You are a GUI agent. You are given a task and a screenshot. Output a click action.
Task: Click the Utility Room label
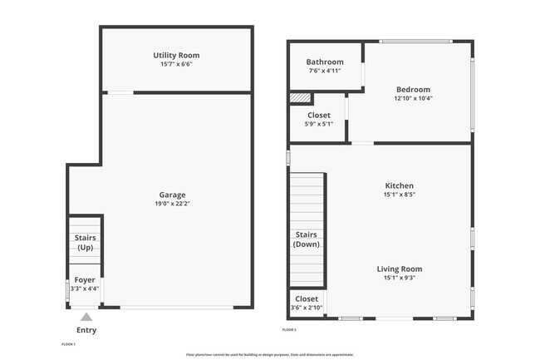click(x=176, y=56)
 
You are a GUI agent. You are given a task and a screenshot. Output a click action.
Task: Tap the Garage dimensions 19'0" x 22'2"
click(x=173, y=204)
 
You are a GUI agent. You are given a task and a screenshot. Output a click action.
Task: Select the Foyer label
click(x=85, y=280)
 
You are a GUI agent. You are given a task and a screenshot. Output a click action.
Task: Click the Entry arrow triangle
click(x=86, y=316)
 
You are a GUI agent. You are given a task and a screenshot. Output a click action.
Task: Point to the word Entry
click(x=86, y=330)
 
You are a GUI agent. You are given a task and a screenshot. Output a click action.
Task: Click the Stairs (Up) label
click(x=85, y=243)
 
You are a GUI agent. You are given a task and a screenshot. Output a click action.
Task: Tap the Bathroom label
click(x=324, y=62)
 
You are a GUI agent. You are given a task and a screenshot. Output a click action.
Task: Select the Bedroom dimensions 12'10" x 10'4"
click(x=413, y=98)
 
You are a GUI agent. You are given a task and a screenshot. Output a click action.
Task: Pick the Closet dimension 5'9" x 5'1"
click(x=319, y=125)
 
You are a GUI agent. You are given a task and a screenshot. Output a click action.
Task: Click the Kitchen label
click(x=399, y=185)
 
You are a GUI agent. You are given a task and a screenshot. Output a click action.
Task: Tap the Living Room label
click(x=399, y=269)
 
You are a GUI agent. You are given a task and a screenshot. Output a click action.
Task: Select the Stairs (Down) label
click(x=307, y=239)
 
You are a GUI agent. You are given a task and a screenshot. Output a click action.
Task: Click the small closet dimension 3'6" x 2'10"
click(x=307, y=308)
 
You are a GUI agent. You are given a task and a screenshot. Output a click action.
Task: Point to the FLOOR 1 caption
click(x=69, y=344)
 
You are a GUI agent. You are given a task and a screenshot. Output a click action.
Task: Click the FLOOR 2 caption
click(x=289, y=330)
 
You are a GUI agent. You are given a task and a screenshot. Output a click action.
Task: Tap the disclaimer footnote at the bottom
click(x=270, y=354)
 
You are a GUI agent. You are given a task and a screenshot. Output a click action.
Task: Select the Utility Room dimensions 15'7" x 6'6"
click(x=176, y=65)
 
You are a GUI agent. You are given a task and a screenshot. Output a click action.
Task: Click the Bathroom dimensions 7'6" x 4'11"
click(x=324, y=72)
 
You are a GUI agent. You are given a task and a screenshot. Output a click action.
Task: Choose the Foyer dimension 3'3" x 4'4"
click(x=85, y=289)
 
